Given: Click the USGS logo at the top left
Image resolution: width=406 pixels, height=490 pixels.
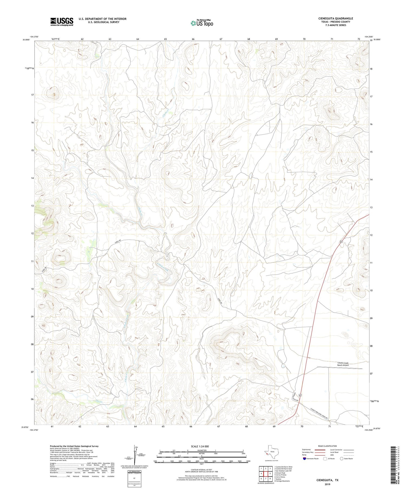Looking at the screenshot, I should coord(62,22).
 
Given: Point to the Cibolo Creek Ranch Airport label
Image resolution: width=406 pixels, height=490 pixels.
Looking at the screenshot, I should coord(343,364).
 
